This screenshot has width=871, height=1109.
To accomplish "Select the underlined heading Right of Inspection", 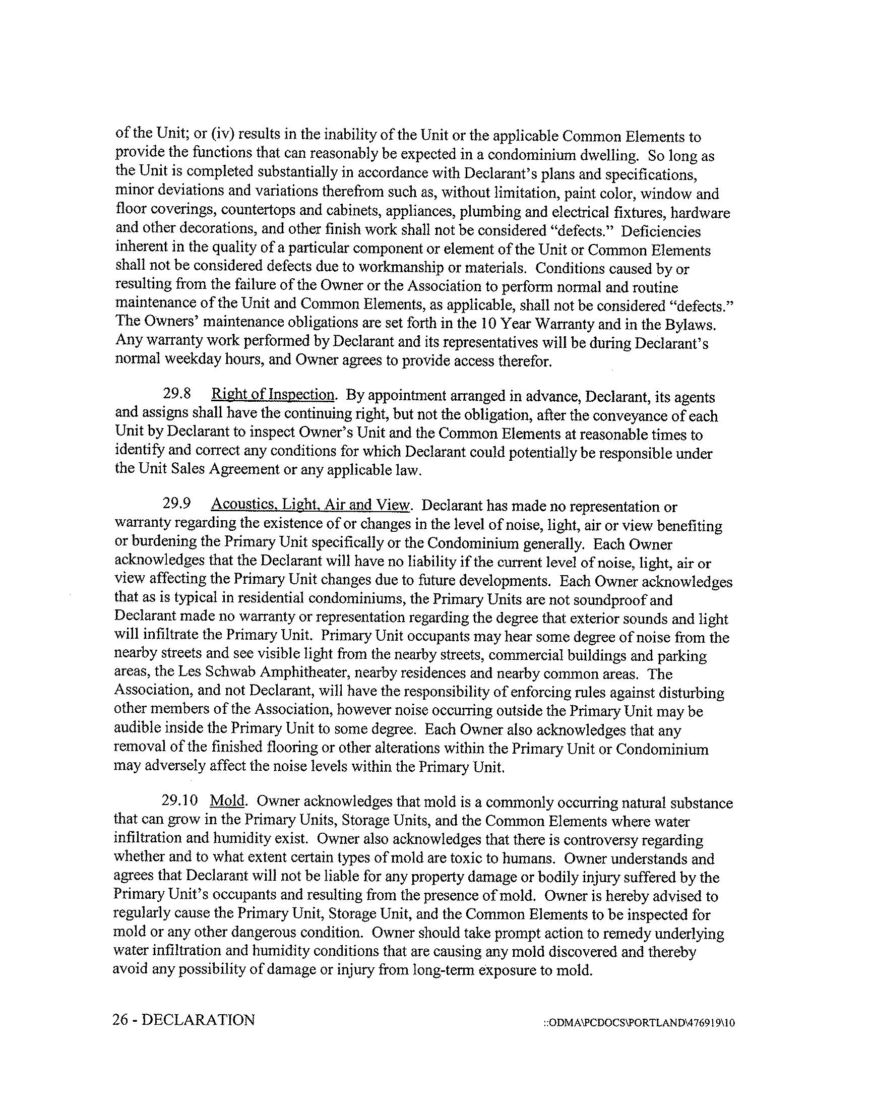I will coord(273,395).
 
